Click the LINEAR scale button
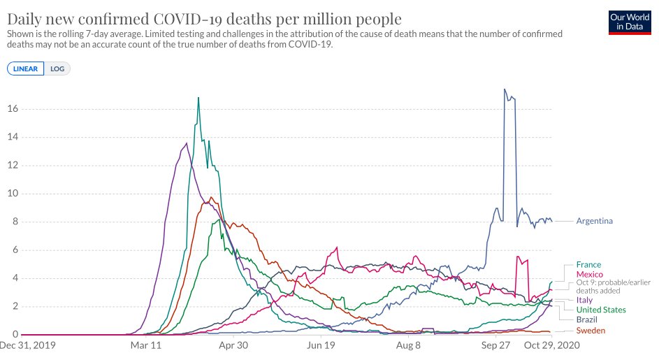(26, 69)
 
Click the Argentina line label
(594, 222)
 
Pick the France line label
(588, 265)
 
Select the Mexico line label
(589, 275)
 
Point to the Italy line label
(584, 300)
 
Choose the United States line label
(600, 310)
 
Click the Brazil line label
(586, 319)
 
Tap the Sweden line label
(591, 331)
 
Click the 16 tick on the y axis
(12, 109)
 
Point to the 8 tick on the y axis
(15, 222)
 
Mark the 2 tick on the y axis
(15, 307)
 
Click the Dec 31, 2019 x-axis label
(28, 345)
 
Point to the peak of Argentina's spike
(505, 89)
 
